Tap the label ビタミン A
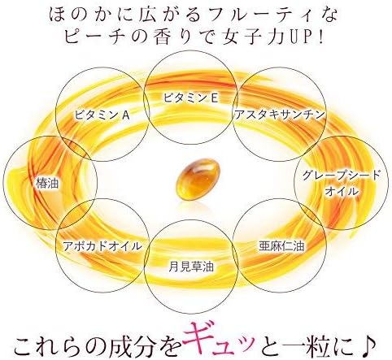tap(102, 115)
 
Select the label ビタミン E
tap(190, 98)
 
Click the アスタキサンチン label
tap(280, 115)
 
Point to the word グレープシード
tap(342, 176)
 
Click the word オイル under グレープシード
tap(342, 192)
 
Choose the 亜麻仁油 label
tap(281, 246)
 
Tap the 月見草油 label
tap(191, 267)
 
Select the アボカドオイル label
tap(102, 246)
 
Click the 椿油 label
tap(47, 184)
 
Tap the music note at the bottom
tap(370, 343)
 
